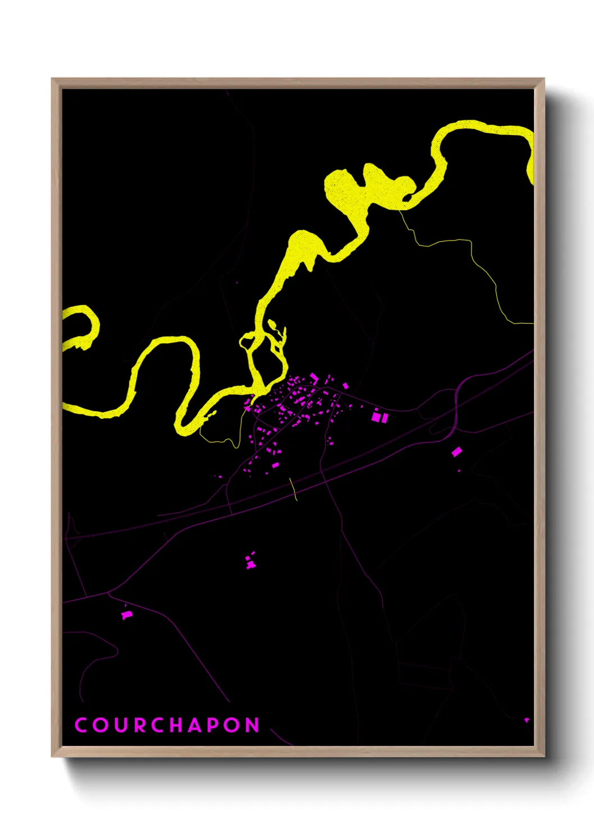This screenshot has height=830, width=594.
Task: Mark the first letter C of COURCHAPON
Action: pyautogui.click(x=81, y=725)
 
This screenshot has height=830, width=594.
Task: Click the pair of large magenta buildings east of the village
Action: pyautogui.click(x=380, y=417)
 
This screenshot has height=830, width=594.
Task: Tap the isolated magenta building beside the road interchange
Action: pyautogui.click(x=456, y=451)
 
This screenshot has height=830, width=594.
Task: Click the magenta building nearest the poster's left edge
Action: pyautogui.click(x=126, y=615)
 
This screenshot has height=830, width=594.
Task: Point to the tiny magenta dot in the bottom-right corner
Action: pyautogui.click(x=527, y=720)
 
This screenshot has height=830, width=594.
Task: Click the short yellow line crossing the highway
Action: pyautogui.click(x=293, y=488)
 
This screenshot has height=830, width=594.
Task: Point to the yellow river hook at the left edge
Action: pyautogui.click(x=84, y=325)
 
